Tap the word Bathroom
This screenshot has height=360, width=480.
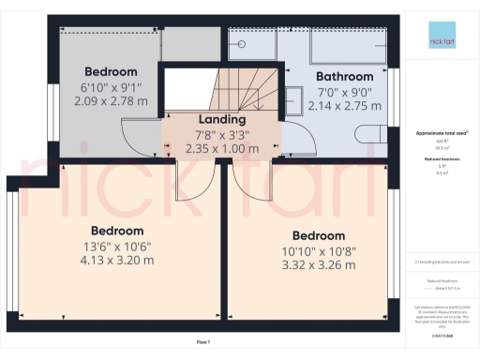pyautogui.click(x=344, y=76)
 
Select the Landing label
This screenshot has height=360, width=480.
pyautogui.click(x=222, y=119)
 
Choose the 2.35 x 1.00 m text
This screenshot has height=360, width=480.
pyautogui.click(x=222, y=147)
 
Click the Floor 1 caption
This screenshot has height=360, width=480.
pyautogui.click(x=203, y=342)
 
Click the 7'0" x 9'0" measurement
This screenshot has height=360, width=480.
pyautogui.click(x=344, y=92)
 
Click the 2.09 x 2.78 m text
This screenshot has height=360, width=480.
pyautogui.click(x=111, y=100)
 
